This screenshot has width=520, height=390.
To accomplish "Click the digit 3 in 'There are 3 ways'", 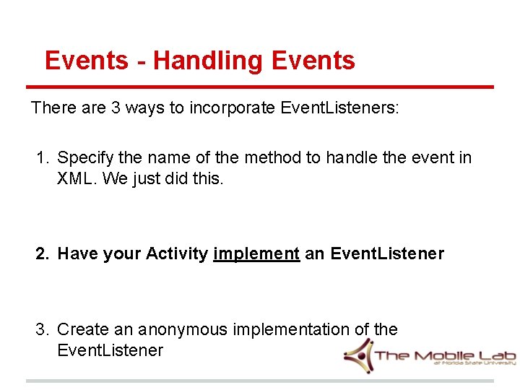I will pos(116,108).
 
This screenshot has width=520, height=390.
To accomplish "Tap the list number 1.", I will pos(43,157).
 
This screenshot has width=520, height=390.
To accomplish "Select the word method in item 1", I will pos(272,157).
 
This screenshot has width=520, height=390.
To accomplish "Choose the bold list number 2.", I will pos(43,253).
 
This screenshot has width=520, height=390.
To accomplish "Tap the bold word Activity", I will pos(177,253).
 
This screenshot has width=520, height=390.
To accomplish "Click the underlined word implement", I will pos(256,253).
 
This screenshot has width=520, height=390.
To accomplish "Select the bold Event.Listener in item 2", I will pos(387,253).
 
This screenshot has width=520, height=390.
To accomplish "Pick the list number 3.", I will pos(43,329).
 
